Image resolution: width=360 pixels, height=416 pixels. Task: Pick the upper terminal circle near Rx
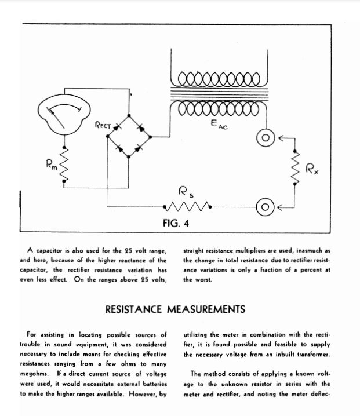click(x=266, y=139)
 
